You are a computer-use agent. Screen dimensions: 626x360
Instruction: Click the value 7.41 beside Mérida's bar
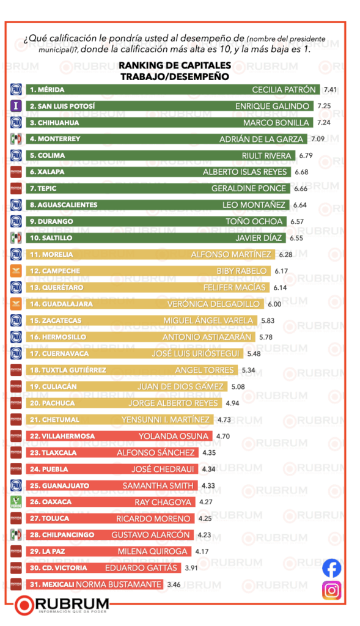pos(330,89)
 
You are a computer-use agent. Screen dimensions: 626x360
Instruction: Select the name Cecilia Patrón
pos(284,89)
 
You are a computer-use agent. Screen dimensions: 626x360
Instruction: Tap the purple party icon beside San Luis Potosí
pos(17,106)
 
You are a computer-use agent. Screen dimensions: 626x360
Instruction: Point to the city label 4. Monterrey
pos(56,139)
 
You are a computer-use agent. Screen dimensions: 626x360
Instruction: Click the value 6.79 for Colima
pos(306,155)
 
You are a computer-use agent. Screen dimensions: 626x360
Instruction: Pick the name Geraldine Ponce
pos(248,188)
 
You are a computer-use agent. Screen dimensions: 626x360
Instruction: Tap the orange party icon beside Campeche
pos(17,271)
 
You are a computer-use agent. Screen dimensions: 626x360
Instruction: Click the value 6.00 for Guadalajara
pos(273,304)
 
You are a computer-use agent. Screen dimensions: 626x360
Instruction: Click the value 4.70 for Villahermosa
pos(223,436)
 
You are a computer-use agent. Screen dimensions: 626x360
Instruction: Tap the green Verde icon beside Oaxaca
pos(17,502)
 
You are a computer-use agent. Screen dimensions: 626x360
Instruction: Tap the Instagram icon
pos(331,590)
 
